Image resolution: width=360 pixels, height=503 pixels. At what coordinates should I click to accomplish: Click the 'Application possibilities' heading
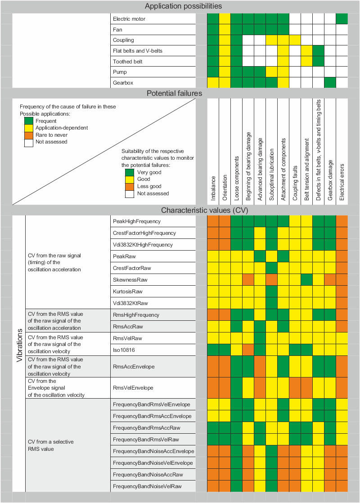click(x=183, y=6)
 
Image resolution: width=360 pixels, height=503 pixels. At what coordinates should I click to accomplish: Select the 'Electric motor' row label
click(x=129, y=19)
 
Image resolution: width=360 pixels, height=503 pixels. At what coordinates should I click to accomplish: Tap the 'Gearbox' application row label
click(x=123, y=83)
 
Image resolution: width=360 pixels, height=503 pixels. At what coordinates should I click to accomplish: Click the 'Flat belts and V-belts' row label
click(x=138, y=51)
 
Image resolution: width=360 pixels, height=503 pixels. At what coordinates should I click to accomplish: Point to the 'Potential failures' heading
click(x=174, y=94)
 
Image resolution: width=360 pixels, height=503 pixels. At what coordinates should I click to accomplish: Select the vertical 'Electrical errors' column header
click(x=342, y=176)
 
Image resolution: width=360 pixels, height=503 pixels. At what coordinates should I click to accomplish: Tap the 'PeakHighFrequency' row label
click(x=136, y=221)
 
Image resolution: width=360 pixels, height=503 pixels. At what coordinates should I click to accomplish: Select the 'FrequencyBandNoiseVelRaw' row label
click(x=147, y=486)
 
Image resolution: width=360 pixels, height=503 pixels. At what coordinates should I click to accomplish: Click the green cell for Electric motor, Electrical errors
click(x=342, y=19)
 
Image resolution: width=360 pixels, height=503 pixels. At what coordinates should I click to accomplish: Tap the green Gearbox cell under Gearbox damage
click(x=330, y=82)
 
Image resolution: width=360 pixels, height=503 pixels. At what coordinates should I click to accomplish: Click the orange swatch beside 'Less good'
click(x=130, y=186)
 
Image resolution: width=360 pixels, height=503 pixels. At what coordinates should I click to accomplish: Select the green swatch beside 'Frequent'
click(x=28, y=121)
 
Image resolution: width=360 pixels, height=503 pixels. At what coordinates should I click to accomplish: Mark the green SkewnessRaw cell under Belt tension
click(x=306, y=280)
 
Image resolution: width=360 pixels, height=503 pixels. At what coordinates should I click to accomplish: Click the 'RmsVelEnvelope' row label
click(x=133, y=388)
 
